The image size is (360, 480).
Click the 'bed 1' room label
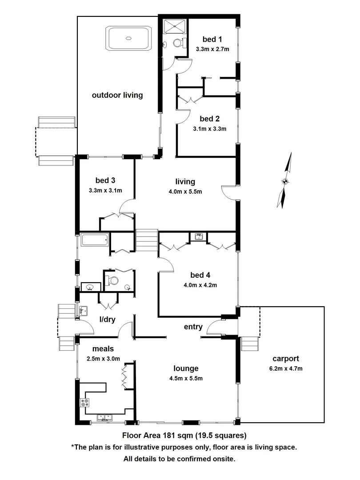(x=212, y=39)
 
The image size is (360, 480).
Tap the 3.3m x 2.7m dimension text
(x=212, y=49)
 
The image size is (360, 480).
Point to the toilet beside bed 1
(x=178, y=43)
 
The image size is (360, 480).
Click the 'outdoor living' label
(x=117, y=95)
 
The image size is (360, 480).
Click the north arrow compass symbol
(x=285, y=180)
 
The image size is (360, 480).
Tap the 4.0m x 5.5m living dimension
(x=185, y=192)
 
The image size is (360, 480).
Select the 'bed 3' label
(x=105, y=180)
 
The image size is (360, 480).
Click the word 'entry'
(x=193, y=327)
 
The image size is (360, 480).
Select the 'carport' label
(x=286, y=358)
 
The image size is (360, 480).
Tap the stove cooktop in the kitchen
(x=84, y=403)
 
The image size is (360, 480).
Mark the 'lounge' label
(x=186, y=368)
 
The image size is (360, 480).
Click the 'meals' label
(x=103, y=349)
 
